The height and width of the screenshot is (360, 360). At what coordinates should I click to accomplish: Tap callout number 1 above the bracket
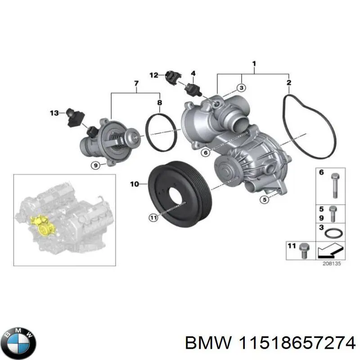click(254, 64)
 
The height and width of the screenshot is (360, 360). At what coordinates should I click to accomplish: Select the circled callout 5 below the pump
click(265, 199)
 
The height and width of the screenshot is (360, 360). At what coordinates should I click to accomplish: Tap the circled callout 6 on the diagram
click(205, 153)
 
